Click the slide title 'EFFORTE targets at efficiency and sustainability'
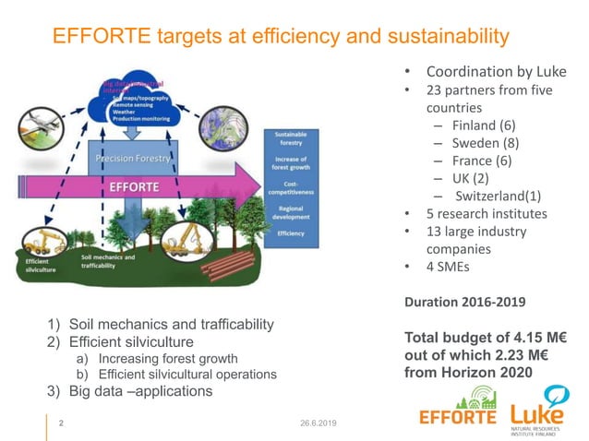[x=281, y=36]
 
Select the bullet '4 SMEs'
[x=453, y=267]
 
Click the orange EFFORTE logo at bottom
[x=458, y=413]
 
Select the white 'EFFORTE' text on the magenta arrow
[x=135, y=185]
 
